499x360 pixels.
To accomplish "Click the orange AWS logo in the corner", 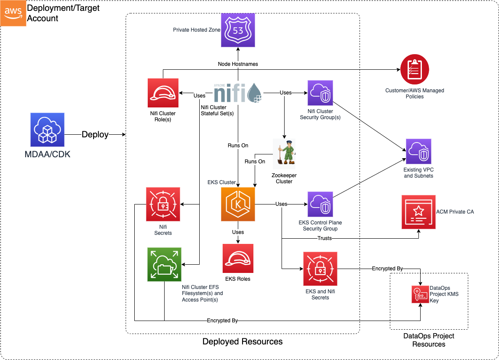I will pos(13,13).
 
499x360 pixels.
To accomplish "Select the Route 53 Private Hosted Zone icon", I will pos(238,30).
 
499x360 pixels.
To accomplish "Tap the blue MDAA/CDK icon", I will pos(47,130).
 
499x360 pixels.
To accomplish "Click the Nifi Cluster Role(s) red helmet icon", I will pos(163,93).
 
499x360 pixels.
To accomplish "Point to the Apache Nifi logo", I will pos(238,92).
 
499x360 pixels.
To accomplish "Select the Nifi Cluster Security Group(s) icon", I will pos(320,93).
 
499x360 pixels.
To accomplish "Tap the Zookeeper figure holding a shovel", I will pos(285,153).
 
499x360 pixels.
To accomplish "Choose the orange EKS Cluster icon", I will pos(238,204).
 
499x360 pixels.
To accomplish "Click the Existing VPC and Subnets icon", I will pos(418,151).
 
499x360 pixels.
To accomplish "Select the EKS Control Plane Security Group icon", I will pos(320,204).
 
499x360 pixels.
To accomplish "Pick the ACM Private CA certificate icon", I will pos(418,212).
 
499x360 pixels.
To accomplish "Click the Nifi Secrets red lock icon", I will pos(163,204).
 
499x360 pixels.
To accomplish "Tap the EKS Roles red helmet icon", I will pos(238,258).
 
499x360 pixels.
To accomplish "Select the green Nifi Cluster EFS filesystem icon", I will pos(164,264).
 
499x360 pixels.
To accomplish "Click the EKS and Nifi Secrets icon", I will pos(320,269).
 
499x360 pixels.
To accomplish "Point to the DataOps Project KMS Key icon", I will pos(419,295).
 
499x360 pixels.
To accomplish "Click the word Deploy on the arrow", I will pos(95,135).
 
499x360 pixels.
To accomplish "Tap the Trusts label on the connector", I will pos(325,238).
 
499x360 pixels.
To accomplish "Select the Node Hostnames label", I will pos(238,64).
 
